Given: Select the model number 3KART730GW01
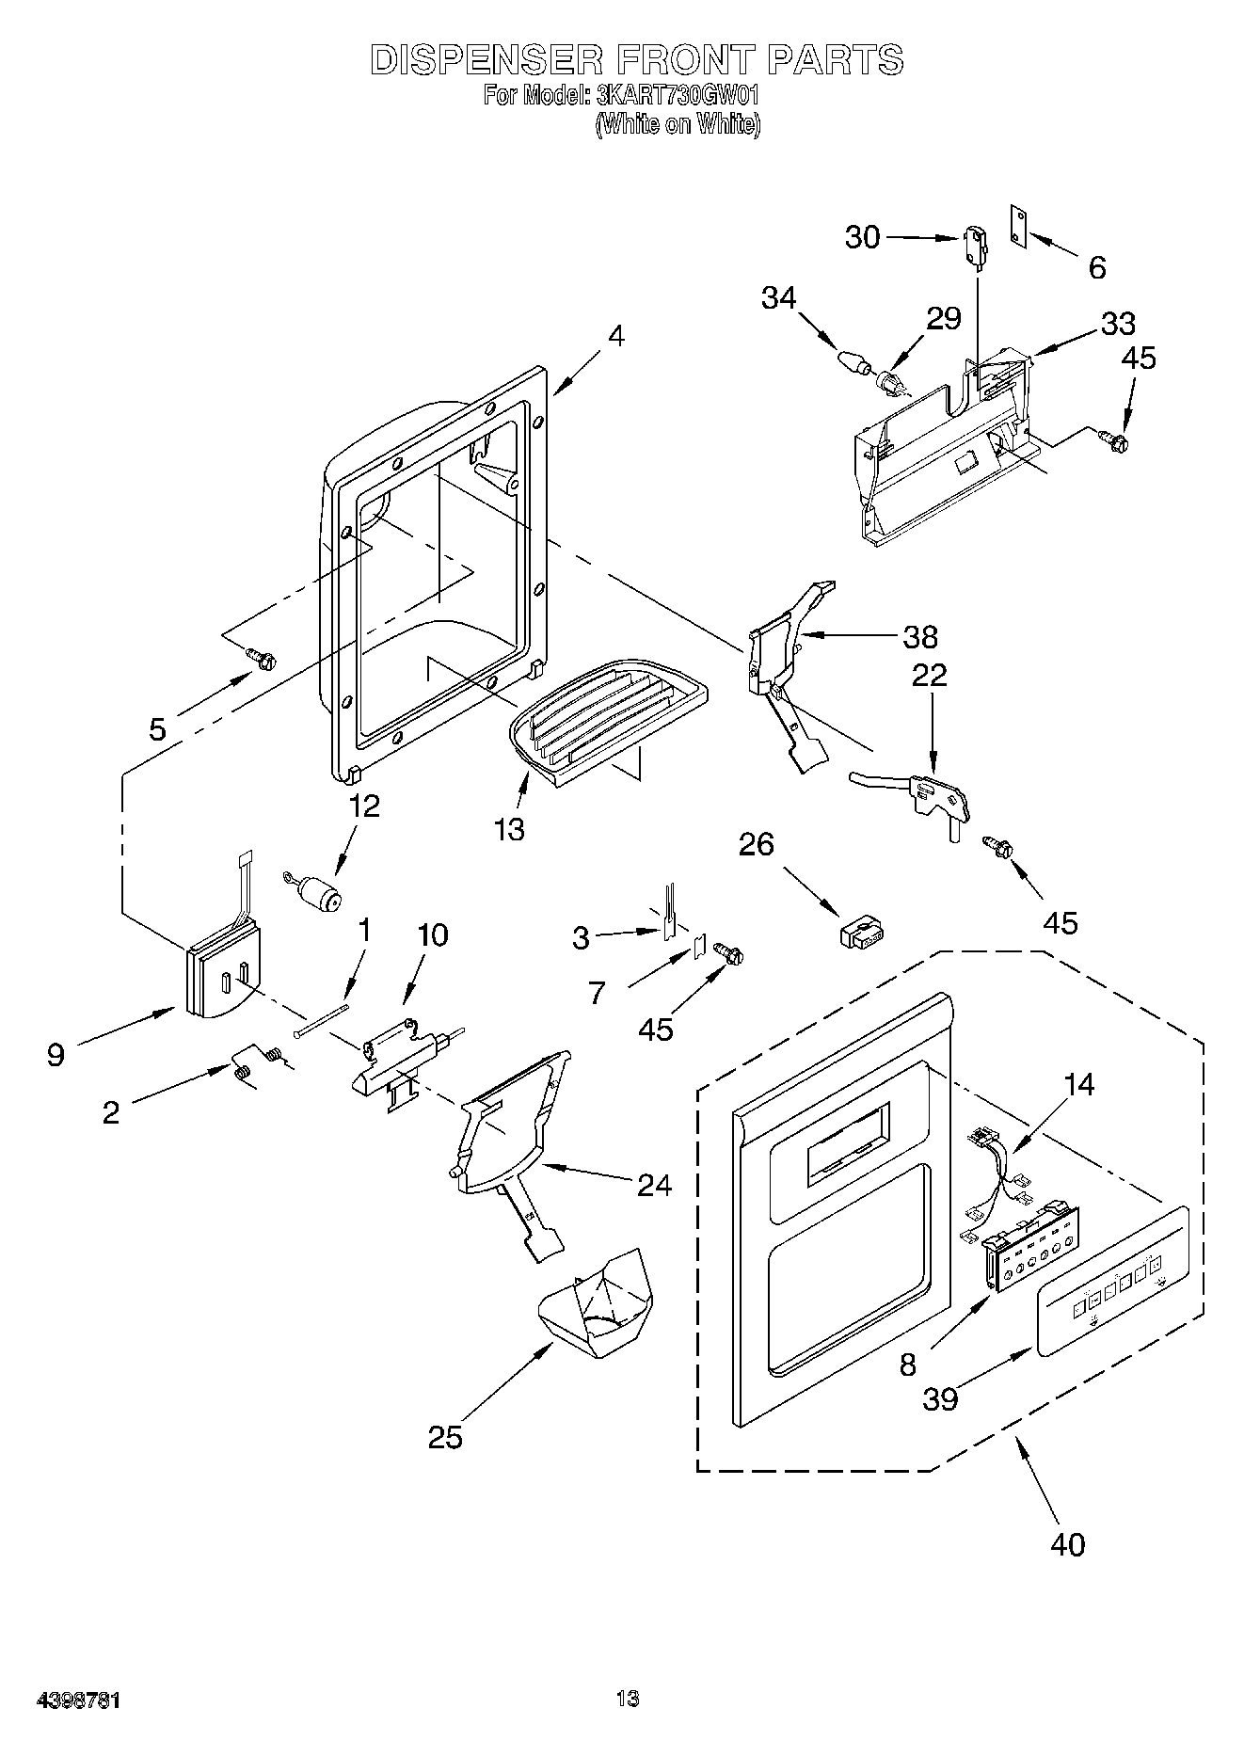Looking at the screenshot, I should pyautogui.click(x=678, y=96).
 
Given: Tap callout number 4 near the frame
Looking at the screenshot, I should pyautogui.click(x=615, y=336).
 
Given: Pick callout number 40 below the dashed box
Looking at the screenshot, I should pyautogui.click(x=1068, y=1543).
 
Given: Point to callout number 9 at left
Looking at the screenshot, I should pyautogui.click(x=56, y=1055).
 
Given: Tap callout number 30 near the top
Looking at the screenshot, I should pyautogui.click(x=862, y=237).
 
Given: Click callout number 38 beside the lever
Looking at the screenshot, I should pyautogui.click(x=920, y=636).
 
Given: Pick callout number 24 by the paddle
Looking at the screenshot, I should pyautogui.click(x=654, y=1184).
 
